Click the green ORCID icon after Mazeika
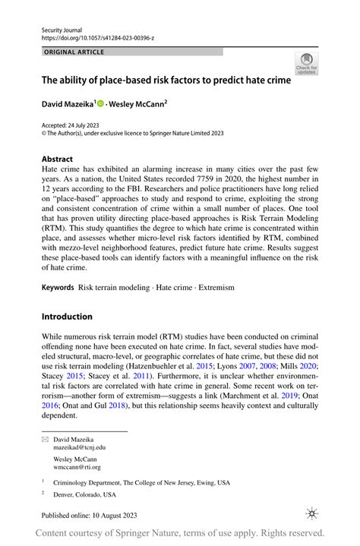[100, 103]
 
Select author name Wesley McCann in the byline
[137, 103]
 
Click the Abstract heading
[58, 160]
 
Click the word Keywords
[58, 288]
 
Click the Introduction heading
[67, 317]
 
